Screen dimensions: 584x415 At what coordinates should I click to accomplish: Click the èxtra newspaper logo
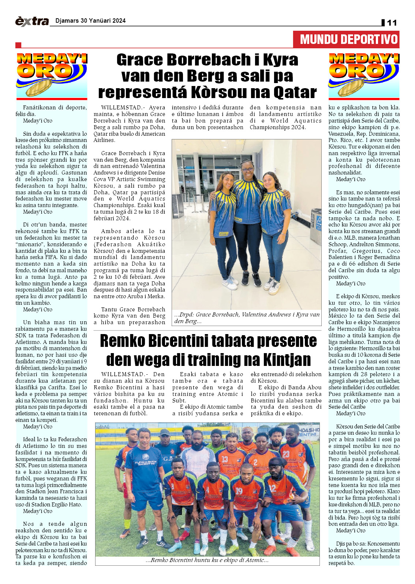coord(32,21)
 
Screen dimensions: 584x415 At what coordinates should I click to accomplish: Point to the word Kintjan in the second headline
coord(281,359)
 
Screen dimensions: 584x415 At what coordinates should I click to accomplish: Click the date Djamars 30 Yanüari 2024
coord(90,21)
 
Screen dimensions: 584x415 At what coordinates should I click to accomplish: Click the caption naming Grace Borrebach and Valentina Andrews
coord(247,318)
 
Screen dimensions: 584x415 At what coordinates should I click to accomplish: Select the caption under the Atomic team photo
coord(207,560)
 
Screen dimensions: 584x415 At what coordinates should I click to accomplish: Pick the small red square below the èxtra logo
coord(18,45)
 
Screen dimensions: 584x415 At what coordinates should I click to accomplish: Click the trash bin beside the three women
coord(316,221)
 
